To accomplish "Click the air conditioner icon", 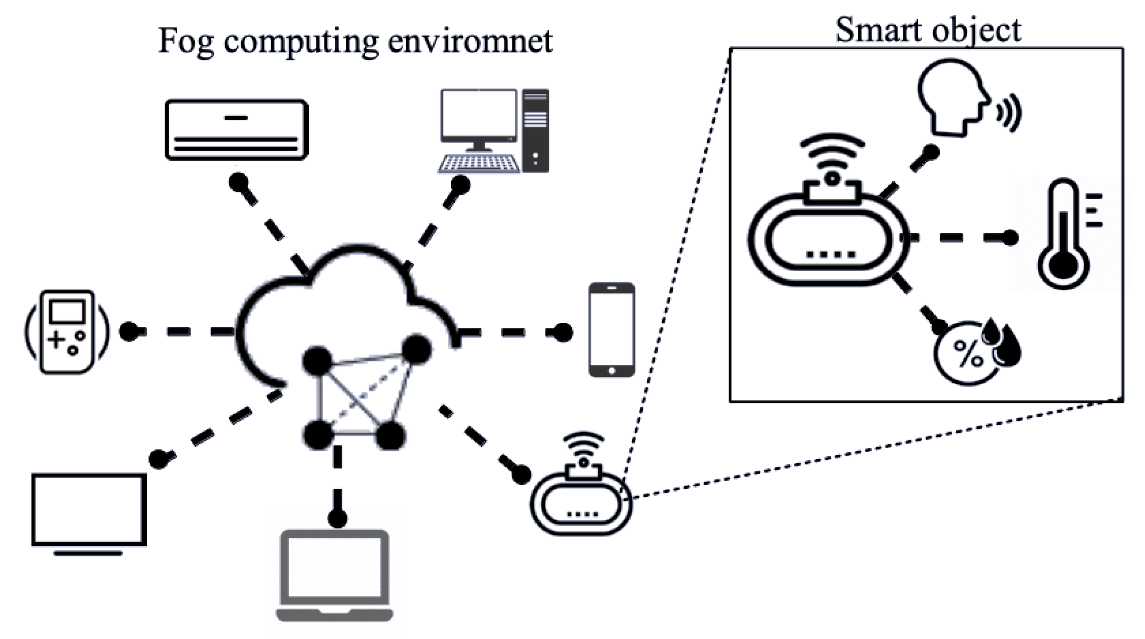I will coord(237,130).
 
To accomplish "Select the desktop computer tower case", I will coord(536,130).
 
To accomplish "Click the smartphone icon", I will coord(611,329).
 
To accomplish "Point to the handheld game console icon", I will coord(67,332).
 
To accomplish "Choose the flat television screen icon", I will coord(89,511).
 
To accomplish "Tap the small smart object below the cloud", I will coord(581,502).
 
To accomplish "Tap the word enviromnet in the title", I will coord(470,41).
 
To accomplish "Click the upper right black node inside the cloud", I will coord(417,349).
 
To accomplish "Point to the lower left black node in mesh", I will coord(318,435).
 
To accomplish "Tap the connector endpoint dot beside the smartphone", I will coord(563,332).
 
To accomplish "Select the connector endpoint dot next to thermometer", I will coord(1010,237).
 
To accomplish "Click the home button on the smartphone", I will coord(611,371).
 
